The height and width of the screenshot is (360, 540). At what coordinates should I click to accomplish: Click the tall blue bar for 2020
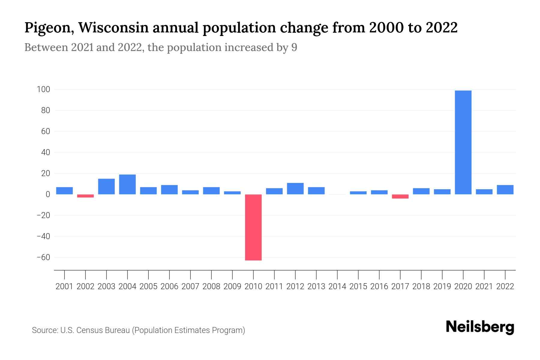point(463,142)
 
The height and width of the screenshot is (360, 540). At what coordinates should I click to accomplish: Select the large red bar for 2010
point(253,227)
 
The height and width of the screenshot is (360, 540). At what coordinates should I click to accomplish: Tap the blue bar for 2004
point(127,184)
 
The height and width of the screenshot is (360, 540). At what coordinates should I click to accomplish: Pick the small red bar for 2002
point(85,196)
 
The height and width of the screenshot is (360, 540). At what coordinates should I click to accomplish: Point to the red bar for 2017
point(400,196)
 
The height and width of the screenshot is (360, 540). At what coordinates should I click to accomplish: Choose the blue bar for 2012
point(295,189)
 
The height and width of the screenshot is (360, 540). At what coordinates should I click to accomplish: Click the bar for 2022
point(505,190)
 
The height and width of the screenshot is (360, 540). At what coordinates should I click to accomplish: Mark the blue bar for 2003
point(106,187)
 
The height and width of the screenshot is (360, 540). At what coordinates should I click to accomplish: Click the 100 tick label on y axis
point(43,89)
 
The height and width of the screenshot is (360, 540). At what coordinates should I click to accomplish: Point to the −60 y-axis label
point(43,257)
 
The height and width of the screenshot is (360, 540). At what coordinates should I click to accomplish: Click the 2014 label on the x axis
point(337,286)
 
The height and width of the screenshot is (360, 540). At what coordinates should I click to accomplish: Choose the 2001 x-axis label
point(64,286)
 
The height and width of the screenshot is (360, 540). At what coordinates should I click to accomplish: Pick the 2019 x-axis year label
point(442,286)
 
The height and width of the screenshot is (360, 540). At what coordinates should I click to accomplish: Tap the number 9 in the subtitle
point(294,47)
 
